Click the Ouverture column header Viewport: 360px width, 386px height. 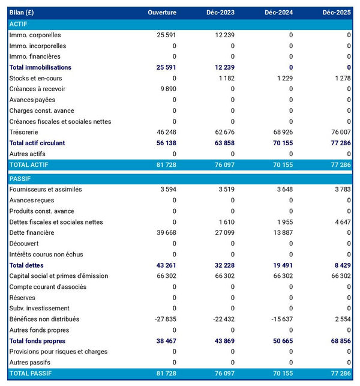163,13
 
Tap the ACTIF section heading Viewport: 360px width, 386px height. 19,24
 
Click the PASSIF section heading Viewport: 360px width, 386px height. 20,178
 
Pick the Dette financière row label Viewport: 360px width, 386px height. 32,232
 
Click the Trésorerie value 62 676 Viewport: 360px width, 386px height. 223,132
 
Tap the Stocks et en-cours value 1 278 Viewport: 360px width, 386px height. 339,78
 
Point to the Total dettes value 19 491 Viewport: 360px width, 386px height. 280,265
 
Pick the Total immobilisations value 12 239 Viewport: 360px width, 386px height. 223,67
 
